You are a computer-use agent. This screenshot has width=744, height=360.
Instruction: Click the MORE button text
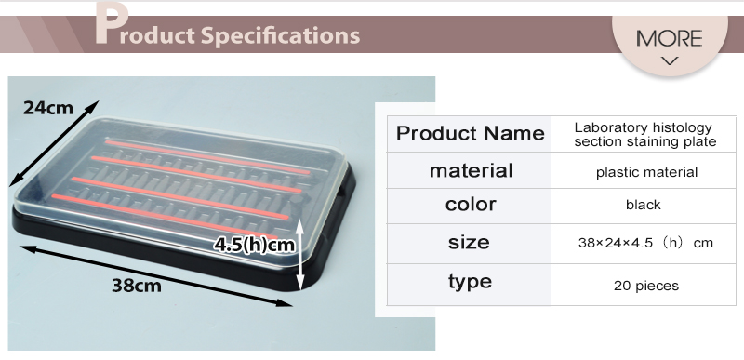669,38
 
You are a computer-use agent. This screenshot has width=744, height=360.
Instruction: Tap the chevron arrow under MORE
669,61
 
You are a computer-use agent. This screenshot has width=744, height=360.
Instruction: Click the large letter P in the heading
110,26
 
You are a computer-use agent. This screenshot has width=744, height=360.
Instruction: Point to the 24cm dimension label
48,108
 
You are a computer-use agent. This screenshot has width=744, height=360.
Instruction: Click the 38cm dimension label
136,286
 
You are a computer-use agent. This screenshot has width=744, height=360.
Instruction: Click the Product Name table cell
470,133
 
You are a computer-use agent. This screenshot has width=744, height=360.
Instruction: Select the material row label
470,171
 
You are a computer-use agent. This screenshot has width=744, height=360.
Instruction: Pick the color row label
470,205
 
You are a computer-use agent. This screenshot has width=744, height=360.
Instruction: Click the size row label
470,243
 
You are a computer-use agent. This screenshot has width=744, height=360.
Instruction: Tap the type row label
470,282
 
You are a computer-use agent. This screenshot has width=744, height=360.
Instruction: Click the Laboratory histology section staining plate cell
643,134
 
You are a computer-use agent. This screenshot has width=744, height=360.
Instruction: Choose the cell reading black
643,205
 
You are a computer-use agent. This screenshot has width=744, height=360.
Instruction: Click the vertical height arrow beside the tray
299,256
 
